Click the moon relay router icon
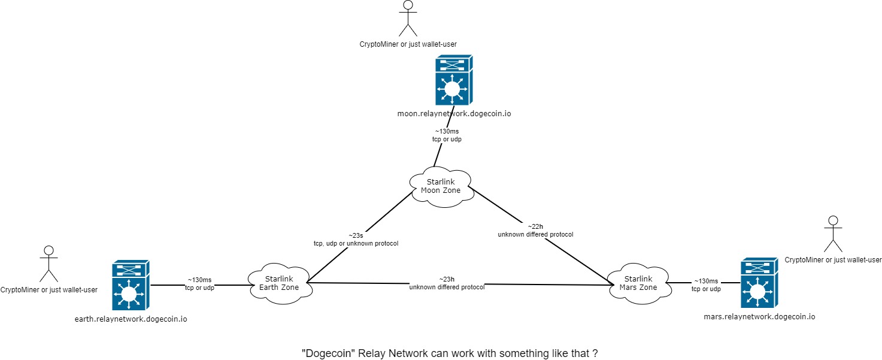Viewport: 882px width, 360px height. [x=453, y=80]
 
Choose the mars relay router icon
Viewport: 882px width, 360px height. [x=759, y=283]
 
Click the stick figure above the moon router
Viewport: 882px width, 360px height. [x=408, y=18]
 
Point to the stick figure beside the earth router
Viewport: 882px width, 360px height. [x=49, y=264]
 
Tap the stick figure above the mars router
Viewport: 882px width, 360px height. [x=832, y=234]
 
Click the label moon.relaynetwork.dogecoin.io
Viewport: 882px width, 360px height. [x=454, y=113]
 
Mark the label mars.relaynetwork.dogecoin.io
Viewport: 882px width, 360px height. [x=759, y=316]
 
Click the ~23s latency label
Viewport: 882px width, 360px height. [x=356, y=235]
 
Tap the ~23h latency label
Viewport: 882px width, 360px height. [x=447, y=279]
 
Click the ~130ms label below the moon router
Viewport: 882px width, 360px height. [x=447, y=131]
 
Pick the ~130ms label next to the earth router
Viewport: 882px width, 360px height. [x=199, y=280]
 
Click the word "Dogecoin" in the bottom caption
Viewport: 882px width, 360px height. [x=326, y=353]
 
